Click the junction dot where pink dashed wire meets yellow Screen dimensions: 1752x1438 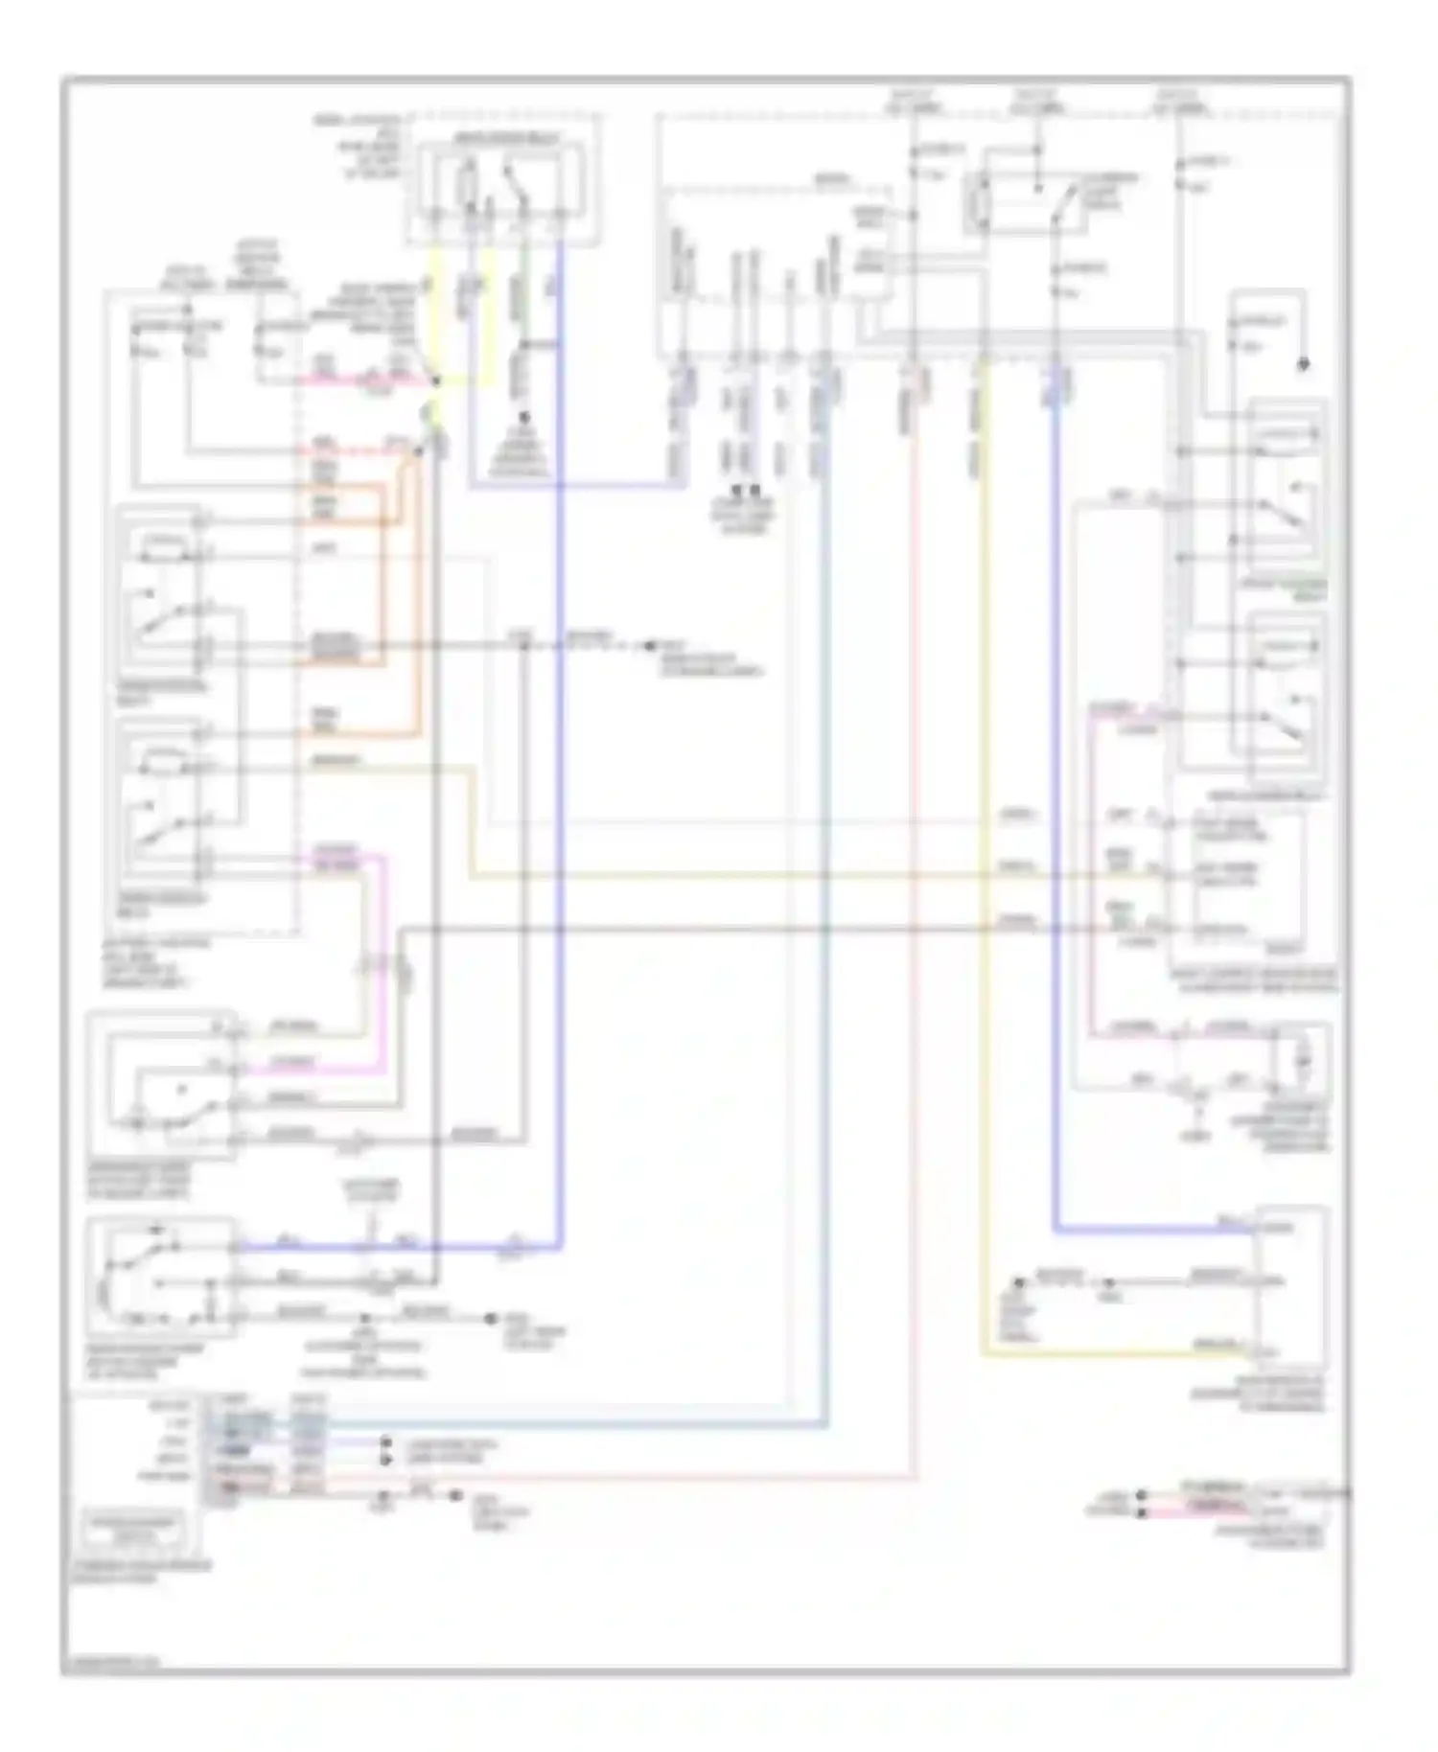[x=435, y=380]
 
